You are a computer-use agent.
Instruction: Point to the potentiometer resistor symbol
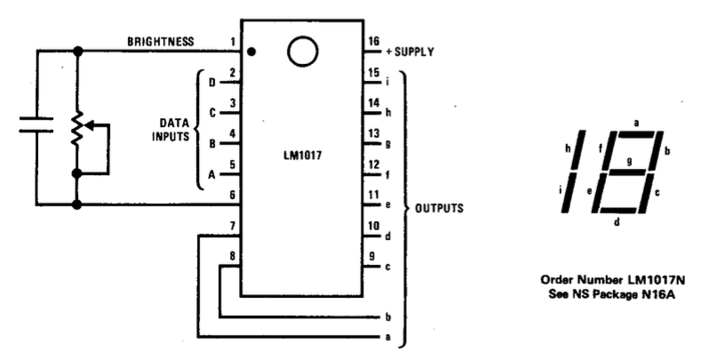(78, 128)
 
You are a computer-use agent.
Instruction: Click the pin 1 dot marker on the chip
(253, 52)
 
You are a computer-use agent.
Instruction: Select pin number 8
(233, 257)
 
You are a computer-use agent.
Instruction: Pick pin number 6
(233, 195)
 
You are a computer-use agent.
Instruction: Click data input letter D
(211, 83)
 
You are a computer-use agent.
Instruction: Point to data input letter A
(211, 175)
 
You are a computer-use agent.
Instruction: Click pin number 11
(374, 194)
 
